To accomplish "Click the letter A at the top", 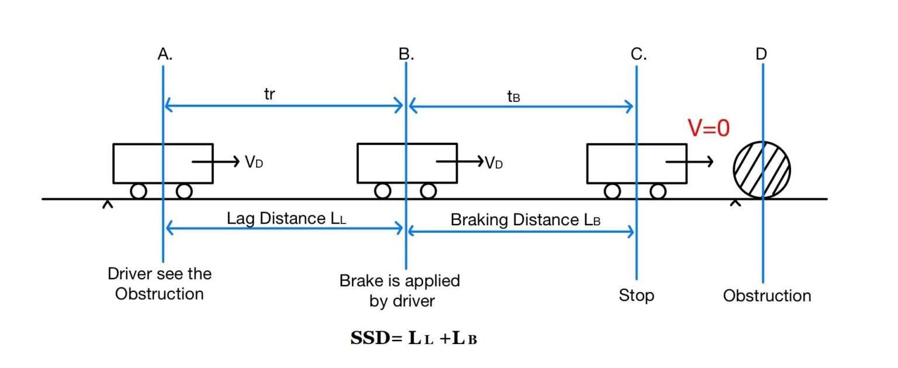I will click(x=164, y=54).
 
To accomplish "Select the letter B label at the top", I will click(x=406, y=54).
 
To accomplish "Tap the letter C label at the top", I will click(x=638, y=54).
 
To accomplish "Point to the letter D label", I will click(x=761, y=54).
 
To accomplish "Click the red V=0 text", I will click(x=709, y=128).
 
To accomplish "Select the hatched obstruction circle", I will click(x=762, y=170).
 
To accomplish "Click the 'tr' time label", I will click(x=269, y=95).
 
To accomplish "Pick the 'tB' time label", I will click(x=513, y=97).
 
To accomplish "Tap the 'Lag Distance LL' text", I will click(x=286, y=219).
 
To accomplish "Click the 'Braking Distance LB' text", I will click(x=525, y=220).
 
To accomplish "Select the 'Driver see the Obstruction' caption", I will click(x=160, y=283).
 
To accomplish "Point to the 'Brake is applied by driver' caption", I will click(x=400, y=291).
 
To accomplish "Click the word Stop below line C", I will click(x=636, y=295).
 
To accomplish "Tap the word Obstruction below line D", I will click(x=766, y=295).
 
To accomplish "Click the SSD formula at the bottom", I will click(x=413, y=338).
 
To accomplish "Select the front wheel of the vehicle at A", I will click(x=184, y=191).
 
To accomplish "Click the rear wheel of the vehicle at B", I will click(x=382, y=191).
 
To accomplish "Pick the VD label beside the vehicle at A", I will click(x=254, y=162).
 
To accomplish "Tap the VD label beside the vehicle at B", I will click(x=493, y=163).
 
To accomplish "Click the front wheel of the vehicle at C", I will click(x=658, y=191).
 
